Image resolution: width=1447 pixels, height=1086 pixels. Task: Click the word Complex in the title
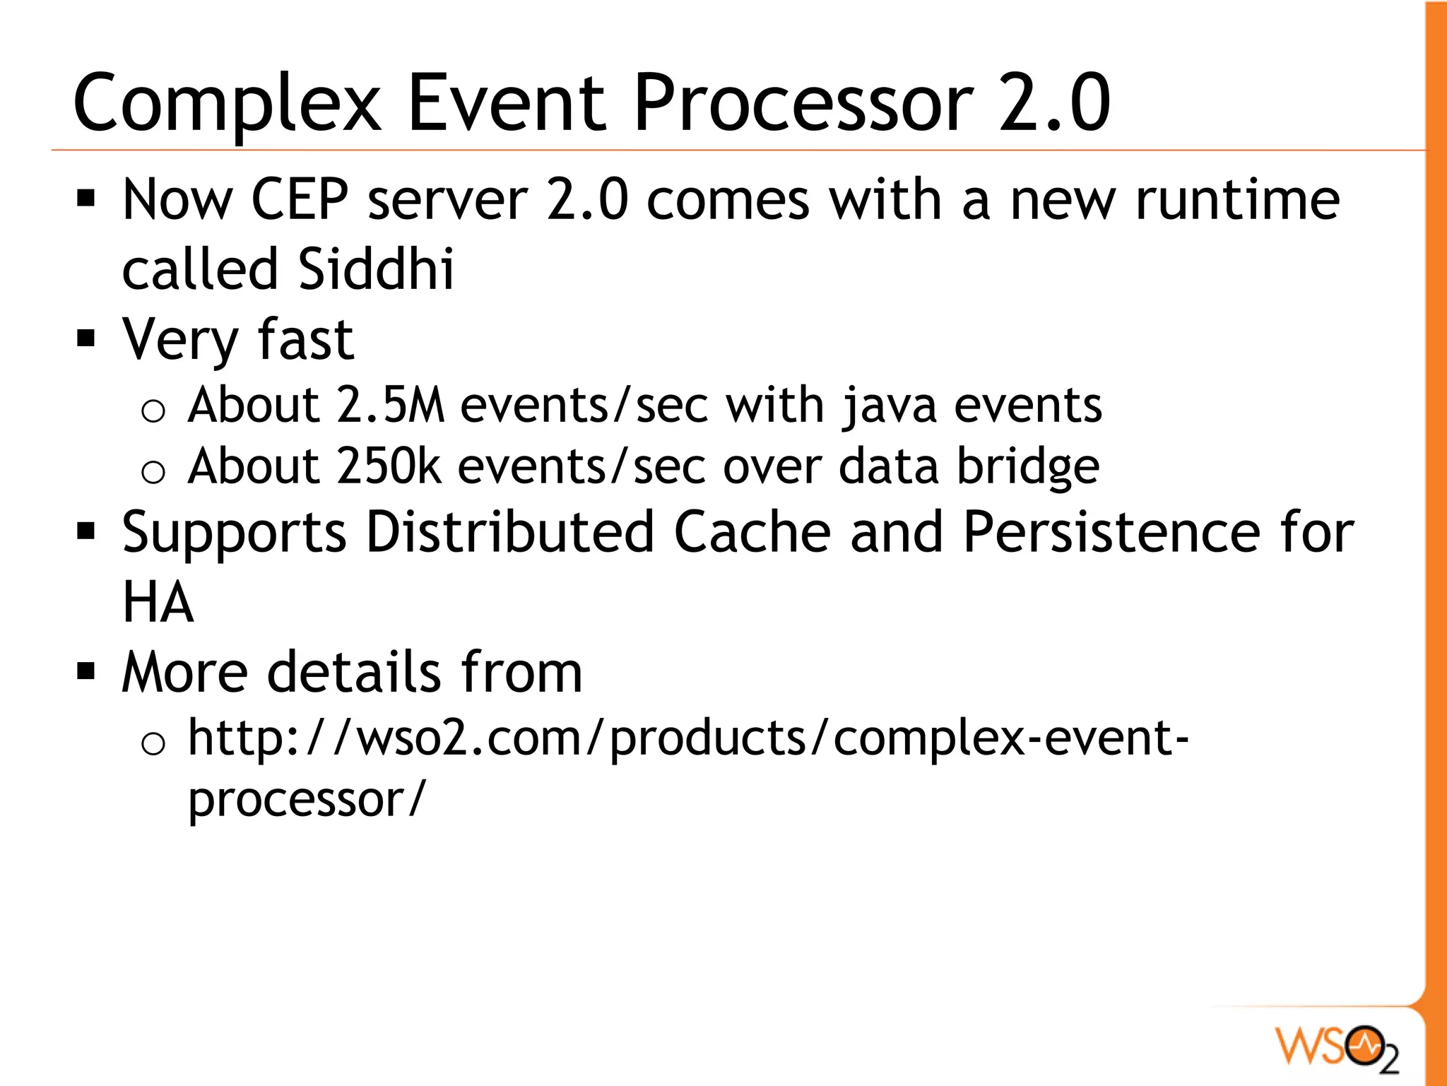(226, 105)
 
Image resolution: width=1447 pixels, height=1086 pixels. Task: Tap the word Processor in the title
(804, 105)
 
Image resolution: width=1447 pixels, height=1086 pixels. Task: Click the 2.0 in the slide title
(1054, 103)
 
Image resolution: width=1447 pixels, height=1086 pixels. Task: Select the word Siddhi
(376, 269)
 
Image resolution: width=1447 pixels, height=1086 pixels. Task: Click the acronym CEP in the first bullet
(300, 200)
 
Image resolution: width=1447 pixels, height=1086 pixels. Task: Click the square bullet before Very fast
(86, 339)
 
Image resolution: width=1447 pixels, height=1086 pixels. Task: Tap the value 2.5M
(391, 406)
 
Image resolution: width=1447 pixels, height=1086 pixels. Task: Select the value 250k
(389, 466)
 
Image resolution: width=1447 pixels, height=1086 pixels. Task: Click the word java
(889, 407)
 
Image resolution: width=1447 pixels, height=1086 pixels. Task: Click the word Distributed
(510, 532)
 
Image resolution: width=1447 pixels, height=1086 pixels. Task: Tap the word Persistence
(1111, 532)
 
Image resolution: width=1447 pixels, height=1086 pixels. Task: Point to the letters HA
(158, 602)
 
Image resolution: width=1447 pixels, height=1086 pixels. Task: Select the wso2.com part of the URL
(468, 738)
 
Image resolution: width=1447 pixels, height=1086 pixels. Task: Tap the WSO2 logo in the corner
(1337, 1047)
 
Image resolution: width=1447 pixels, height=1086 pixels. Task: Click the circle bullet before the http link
(153, 743)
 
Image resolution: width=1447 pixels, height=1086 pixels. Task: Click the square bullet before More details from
(86, 671)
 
